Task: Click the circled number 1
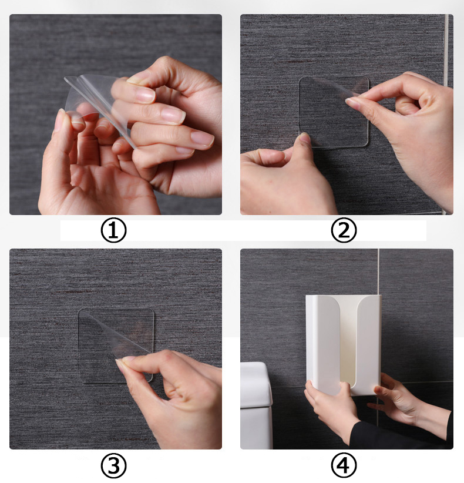coord(113,230)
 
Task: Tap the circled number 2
coord(344,230)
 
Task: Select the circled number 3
coord(113,466)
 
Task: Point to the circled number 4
coord(344,466)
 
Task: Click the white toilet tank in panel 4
coord(256,405)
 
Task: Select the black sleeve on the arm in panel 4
coord(400,434)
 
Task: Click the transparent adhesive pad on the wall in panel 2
coord(334,112)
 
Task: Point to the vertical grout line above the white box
coord(378,271)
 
